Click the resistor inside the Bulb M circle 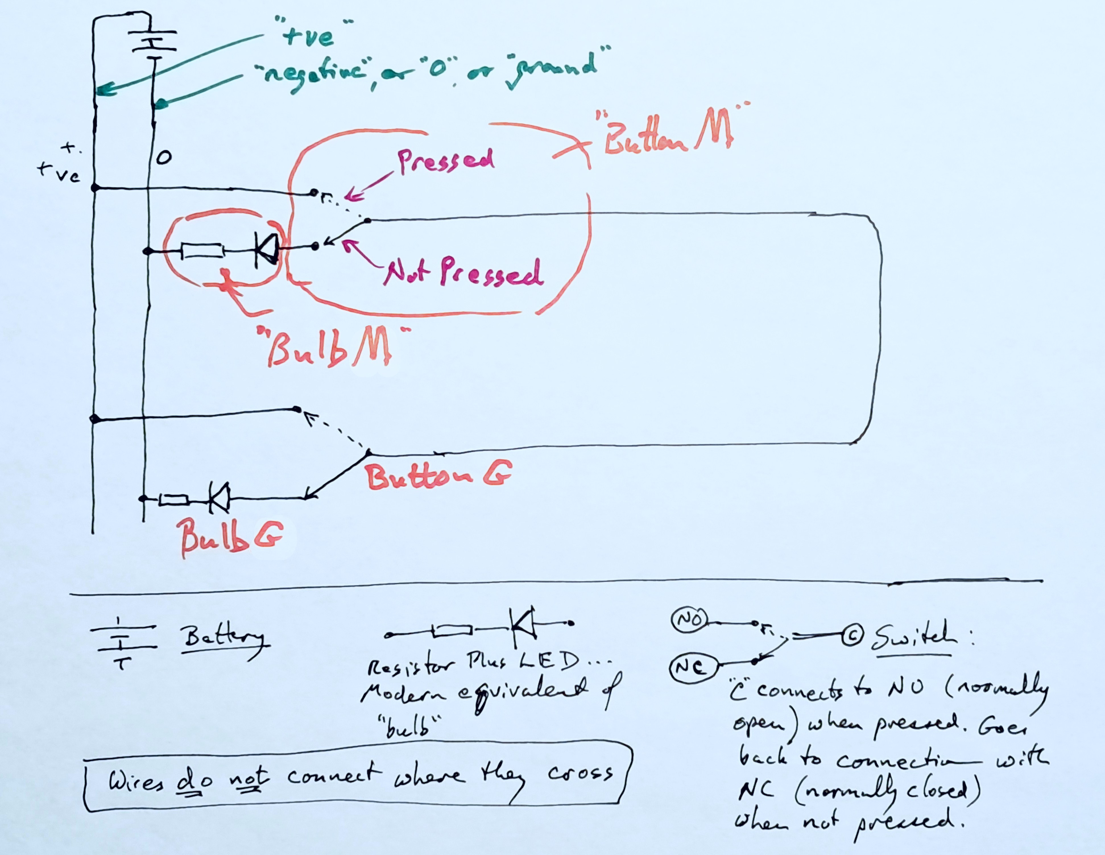[x=202, y=251]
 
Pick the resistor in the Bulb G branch [x=174, y=500]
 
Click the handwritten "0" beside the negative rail [x=164, y=158]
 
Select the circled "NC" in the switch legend [x=694, y=668]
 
